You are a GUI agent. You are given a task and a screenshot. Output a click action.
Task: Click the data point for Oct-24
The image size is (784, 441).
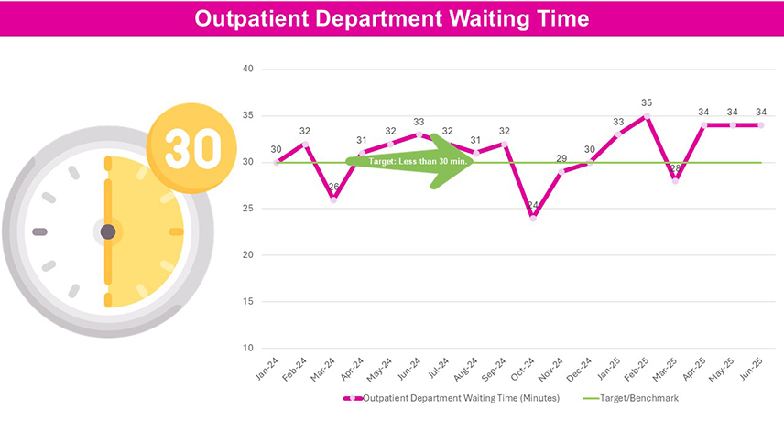tap(533, 219)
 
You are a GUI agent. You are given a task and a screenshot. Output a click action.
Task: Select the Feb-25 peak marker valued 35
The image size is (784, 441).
tap(647, 116)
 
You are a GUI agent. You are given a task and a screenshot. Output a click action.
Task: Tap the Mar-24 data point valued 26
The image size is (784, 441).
tap(333, 199)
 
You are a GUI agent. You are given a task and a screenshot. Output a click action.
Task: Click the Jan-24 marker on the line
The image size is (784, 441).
tap(277, 163)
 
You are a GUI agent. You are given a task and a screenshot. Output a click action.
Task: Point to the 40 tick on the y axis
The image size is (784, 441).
tap(248, 70)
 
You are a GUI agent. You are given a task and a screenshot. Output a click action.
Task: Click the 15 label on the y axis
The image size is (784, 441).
tap(248, 301)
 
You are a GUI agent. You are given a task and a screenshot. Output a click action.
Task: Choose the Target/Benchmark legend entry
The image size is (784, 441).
tap(639, 398)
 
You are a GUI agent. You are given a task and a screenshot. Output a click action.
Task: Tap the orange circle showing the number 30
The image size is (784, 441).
tap(192, 147)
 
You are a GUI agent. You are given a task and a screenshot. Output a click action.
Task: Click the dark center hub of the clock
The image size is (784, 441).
tap(108, 231)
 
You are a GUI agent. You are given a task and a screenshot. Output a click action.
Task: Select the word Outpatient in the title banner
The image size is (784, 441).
tap(246, 18)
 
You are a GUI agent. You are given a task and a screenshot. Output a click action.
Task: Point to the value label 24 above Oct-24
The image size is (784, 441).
tap(533, 206)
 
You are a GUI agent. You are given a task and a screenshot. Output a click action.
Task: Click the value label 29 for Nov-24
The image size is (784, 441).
tap(561, 158)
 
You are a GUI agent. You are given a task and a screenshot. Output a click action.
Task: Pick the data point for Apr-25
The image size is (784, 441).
tap(703, 125)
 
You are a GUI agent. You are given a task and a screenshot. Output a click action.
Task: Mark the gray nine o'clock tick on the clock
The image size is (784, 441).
tap(39, 231)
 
